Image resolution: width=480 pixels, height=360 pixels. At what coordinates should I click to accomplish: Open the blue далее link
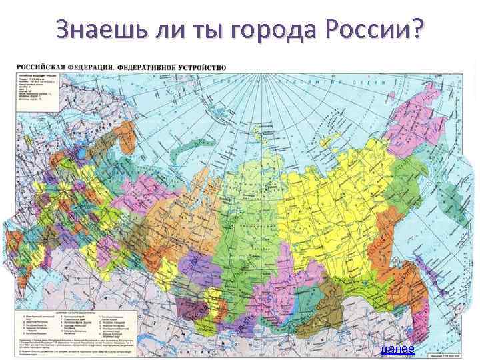397,349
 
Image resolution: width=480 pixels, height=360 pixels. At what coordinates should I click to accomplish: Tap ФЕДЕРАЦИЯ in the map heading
95,67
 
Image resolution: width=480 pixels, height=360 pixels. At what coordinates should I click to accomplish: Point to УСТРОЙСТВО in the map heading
203,67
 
